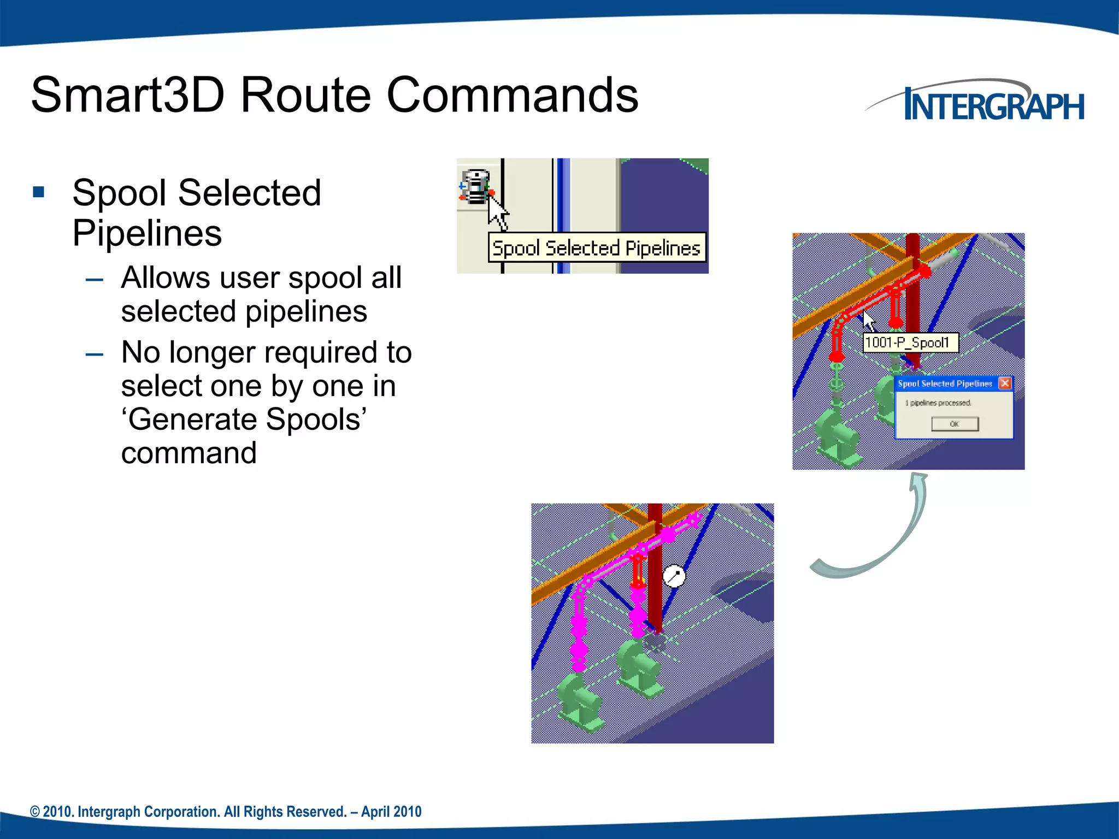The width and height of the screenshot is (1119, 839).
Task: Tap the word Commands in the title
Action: [x=512, y=96]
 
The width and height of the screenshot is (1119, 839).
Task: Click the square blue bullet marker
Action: [x=38, y=192]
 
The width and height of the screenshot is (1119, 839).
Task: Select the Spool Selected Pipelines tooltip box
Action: [x=596, y=248]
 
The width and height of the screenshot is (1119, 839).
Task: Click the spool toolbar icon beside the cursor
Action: [x=475, y=187]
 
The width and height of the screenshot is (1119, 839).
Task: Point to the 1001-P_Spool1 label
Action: [x=910, y=342]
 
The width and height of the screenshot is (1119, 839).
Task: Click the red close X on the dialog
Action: [x=1004, y=383]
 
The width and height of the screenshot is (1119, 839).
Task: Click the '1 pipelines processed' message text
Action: [x=938, y=403]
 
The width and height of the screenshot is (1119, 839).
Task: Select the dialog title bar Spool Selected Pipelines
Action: [x=945, y=383]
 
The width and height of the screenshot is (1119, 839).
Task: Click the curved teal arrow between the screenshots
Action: [x=885, y=535]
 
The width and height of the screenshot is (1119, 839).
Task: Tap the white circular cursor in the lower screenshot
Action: [x=674, y=576]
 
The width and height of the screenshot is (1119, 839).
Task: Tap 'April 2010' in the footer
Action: [x=391, y=812]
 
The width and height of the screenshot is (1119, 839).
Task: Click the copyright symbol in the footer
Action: [x=35, y=812]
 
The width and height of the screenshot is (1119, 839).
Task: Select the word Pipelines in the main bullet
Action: [x=147, y=233]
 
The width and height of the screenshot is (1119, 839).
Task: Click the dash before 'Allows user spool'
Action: [x=95, y=280]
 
